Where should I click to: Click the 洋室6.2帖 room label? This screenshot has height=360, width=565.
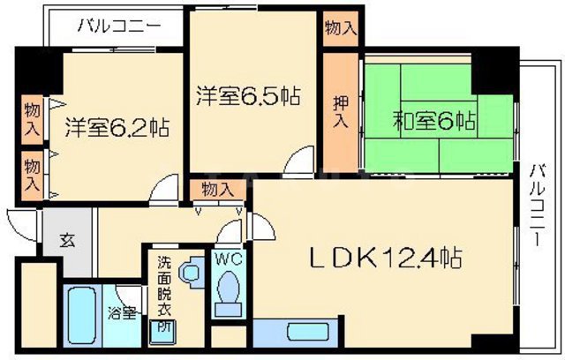[x=116, y=126]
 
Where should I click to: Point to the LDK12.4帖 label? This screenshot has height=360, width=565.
[x=386, y=258]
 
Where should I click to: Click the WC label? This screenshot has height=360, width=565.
[x=227, y=260]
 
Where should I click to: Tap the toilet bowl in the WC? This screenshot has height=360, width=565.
[x=227, y=289]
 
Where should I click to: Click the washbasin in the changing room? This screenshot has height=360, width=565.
[x=189, y=273]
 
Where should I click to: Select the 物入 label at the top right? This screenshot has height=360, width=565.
[x=340, y=27]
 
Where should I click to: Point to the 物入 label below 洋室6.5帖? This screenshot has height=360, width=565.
[x=217, y=190]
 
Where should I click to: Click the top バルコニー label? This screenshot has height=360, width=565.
[x=118, y=26]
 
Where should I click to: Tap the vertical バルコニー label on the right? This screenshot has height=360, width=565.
[x=536, y=205]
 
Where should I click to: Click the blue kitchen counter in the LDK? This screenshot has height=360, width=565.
[x=296, y=334]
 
